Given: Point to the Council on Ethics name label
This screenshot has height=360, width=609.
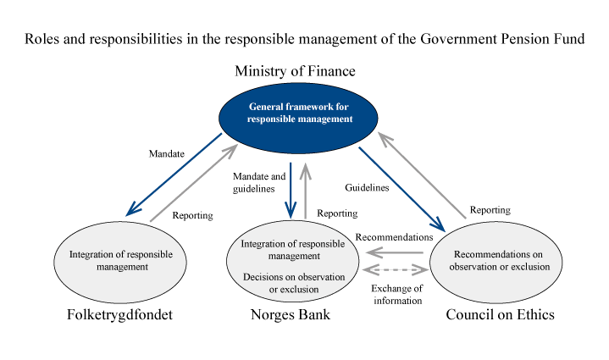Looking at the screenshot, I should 501,315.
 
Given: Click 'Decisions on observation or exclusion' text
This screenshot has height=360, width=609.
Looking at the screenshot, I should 292,283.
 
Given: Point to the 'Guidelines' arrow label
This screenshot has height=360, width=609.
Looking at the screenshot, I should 366,187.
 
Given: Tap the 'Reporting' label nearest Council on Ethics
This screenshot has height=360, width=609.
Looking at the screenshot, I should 489,208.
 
